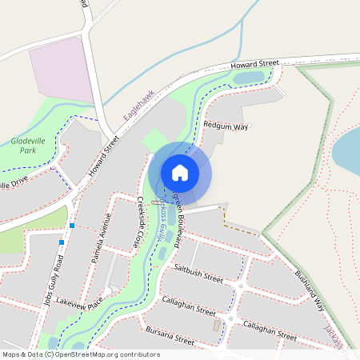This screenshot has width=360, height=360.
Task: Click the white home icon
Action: point(180,172)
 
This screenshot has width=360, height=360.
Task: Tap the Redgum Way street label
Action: point(226,126)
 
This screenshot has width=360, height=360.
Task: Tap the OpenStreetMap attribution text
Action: point(81,354)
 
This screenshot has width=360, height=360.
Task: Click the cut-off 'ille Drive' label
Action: point(16,185)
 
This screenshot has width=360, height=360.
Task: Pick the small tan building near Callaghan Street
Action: point(218,325)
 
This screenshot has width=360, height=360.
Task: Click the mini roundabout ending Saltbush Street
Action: point(240,286)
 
